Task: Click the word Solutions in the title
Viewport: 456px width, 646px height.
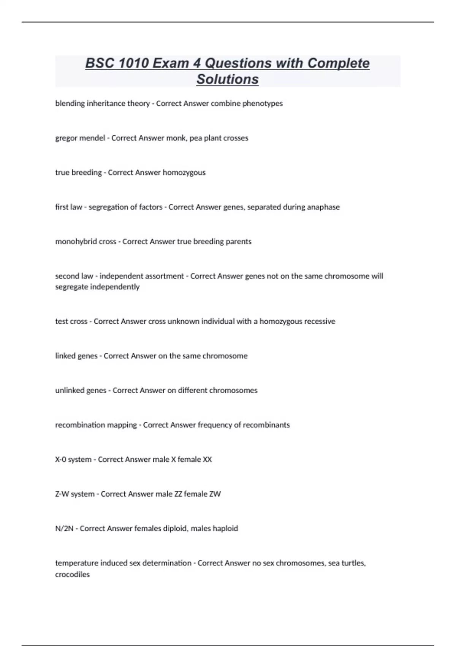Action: pyautogui.click(x=227, y=79)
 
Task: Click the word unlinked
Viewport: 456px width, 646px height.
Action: pyautogui.click(x=69, y=390)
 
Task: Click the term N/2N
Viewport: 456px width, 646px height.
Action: pyautogui.click(x=64, y=529)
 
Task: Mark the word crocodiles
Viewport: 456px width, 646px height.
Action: pyautogui.click(x=72, y=575)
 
